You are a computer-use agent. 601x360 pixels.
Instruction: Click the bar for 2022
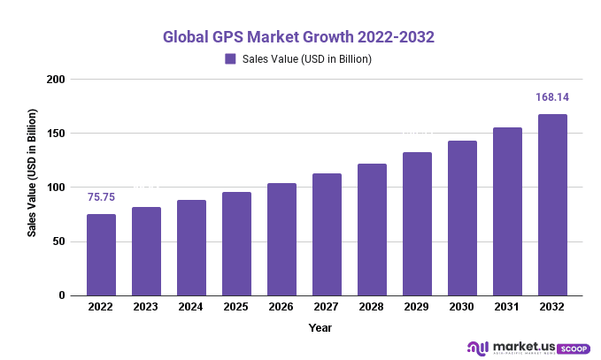click(101, 255)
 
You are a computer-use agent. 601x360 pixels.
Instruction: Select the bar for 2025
click(236, 243)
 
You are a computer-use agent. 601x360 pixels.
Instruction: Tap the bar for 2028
click(372, 230)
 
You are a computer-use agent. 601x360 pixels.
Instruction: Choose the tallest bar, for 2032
click(552, 205)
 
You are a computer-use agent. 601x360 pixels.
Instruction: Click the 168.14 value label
click(552, 97)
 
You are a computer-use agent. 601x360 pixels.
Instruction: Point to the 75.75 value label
click(101, 197)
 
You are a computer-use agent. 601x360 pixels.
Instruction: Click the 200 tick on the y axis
click(58, 80)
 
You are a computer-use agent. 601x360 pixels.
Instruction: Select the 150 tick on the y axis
click(58, 134)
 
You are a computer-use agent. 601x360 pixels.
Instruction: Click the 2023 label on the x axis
click(146, 307)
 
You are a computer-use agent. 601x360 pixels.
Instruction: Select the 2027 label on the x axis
click(327, 307)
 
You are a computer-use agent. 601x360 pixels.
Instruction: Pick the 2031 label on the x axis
click(507, 307)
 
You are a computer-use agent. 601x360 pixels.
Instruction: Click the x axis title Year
click(320, 328)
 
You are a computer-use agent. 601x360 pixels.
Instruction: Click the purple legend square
click(230, 59)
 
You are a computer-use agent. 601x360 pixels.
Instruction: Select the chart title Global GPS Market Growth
click(299, 38)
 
